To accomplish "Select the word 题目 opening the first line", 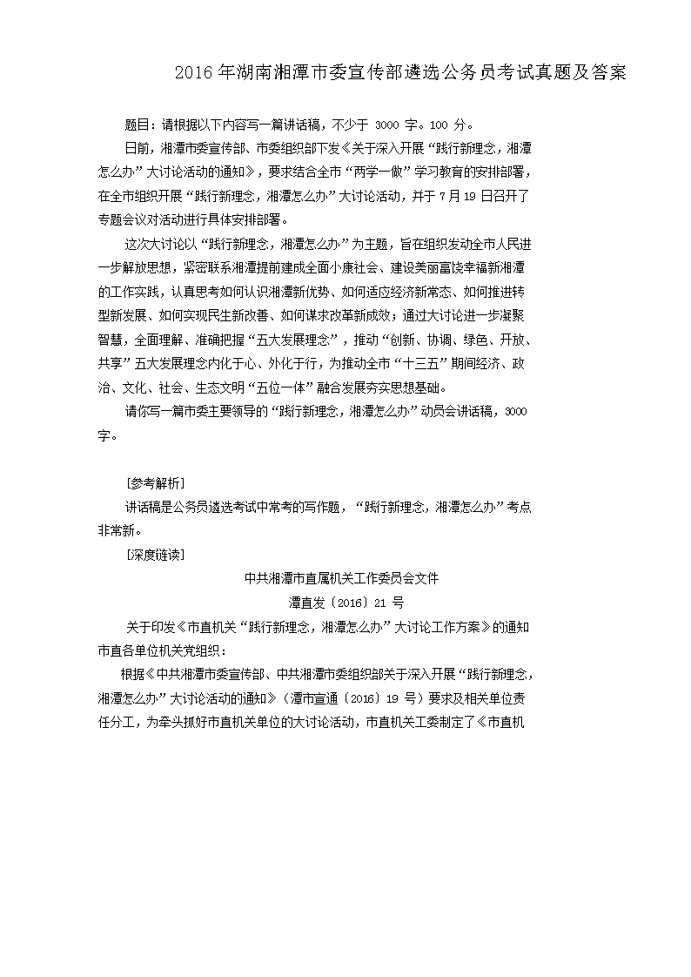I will tap(139, 124).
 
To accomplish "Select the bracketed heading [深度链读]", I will tap(154, 554).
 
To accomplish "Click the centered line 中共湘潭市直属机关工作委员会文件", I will tap(345, 577).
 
